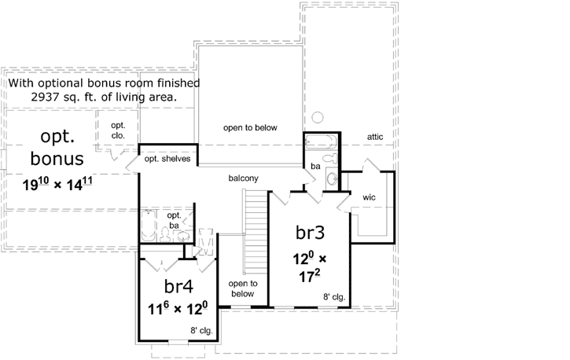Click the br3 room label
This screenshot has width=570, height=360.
coord(310,233)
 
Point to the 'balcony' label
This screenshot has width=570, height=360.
coord(244,178)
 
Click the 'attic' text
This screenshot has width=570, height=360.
coord(374,137)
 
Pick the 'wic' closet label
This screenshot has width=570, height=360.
coord(370,197)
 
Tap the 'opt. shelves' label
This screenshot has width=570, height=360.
coord(166,159)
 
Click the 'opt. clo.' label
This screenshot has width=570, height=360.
coord(118,130)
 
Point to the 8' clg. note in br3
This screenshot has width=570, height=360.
coord(334,297)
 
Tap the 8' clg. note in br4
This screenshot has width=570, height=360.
coord(200,330)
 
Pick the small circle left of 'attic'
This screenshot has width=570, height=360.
coord(318,118)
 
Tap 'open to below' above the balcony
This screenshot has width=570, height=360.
coord(250,127)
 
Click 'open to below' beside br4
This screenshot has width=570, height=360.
coord(243,288)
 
